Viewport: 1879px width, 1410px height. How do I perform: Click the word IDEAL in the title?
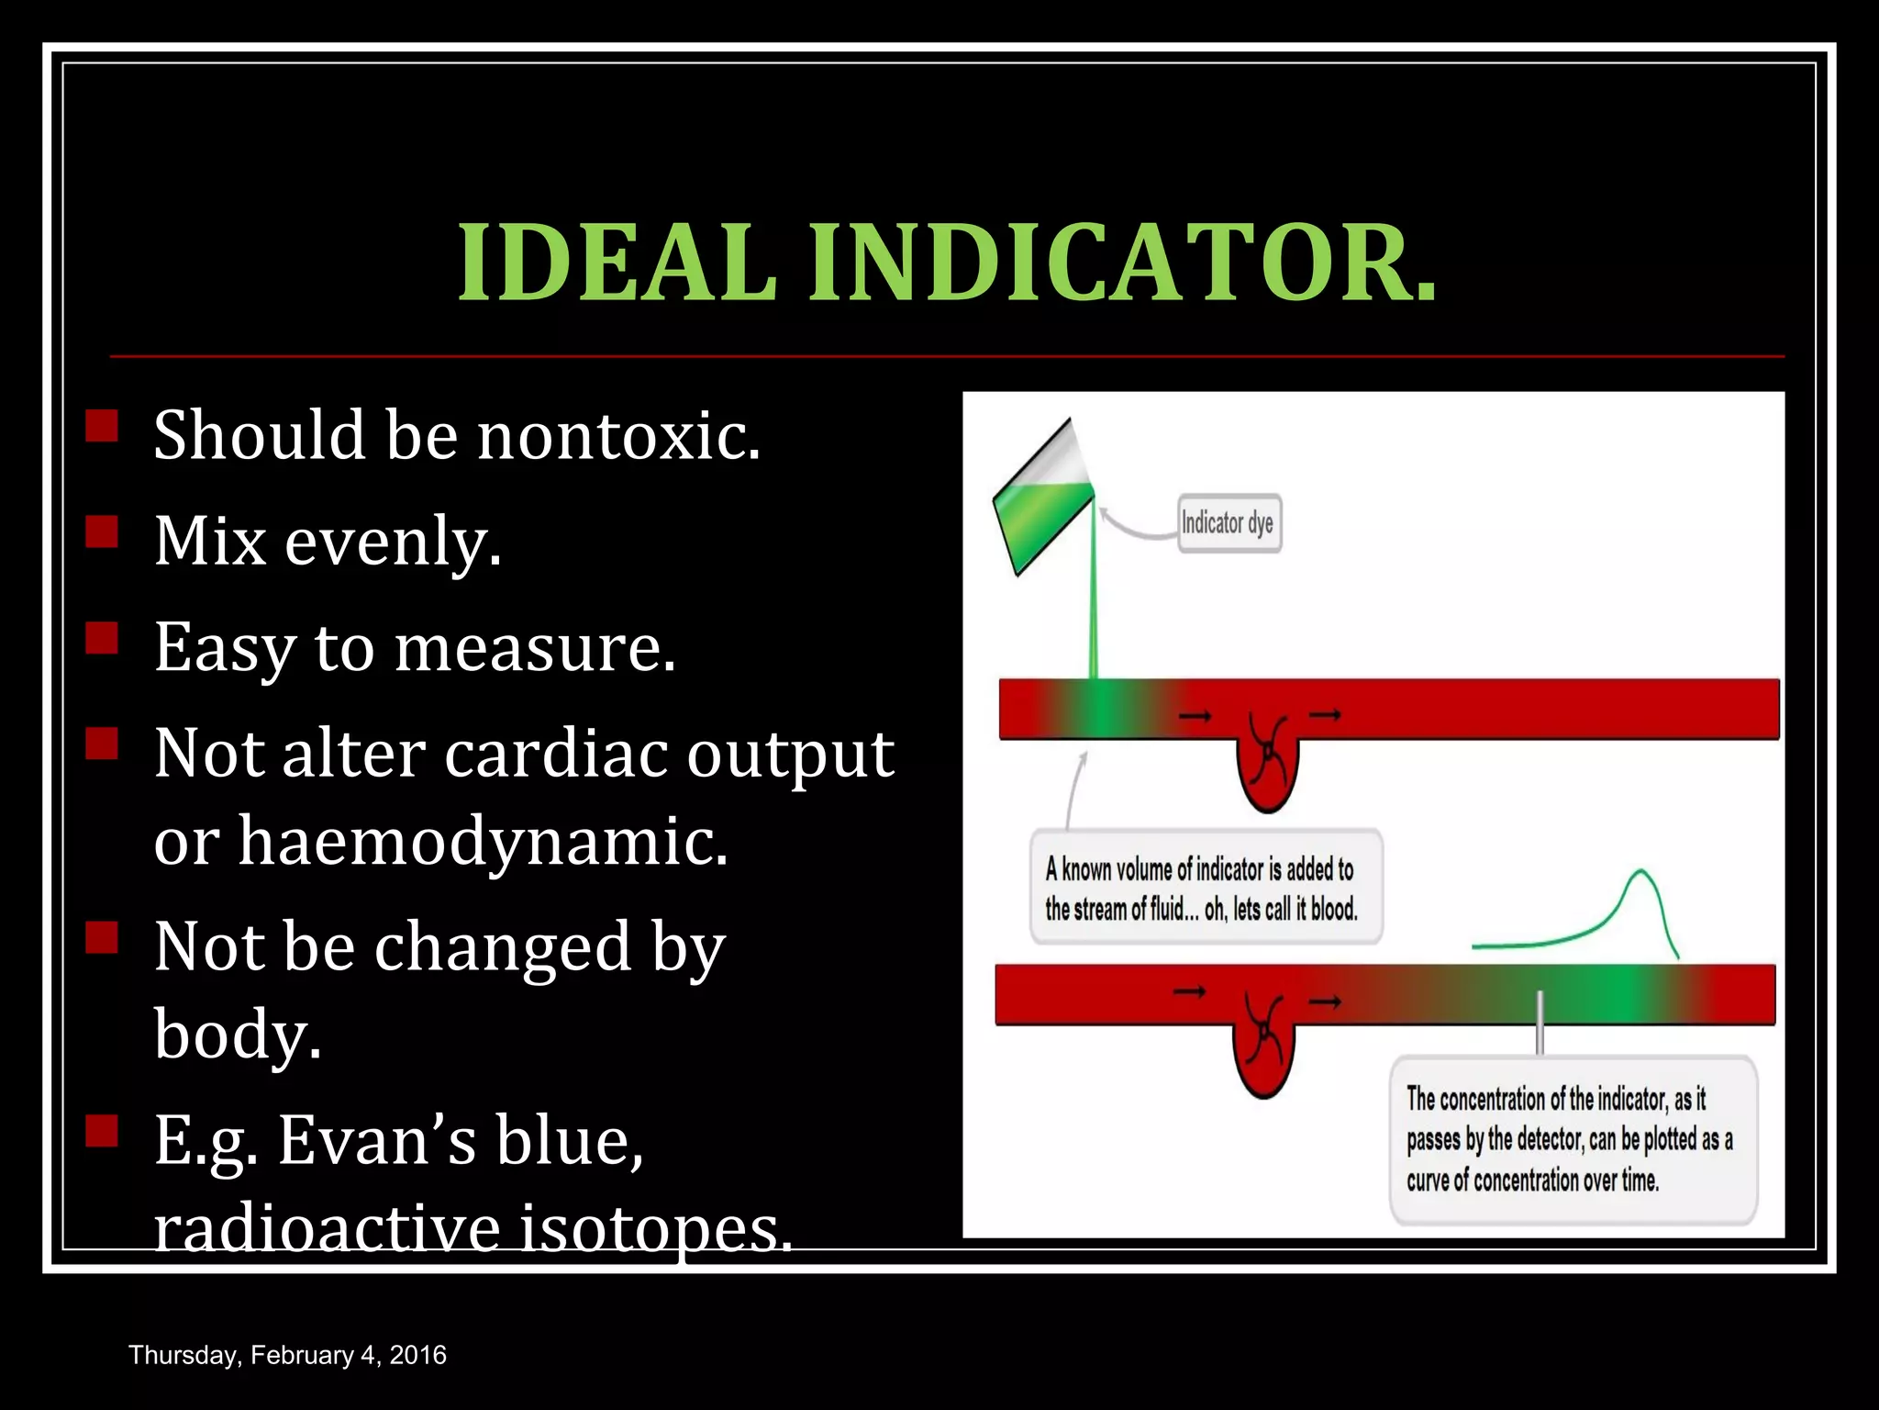(617, 263)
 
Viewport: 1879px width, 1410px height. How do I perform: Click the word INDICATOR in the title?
(1121, 263)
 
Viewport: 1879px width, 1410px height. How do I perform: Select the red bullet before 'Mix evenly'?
(102, 532)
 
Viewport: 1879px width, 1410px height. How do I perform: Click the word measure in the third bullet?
(534, 648)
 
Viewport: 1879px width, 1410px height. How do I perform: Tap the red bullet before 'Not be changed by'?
(102, 938)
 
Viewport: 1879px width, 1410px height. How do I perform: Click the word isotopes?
(654, 1227)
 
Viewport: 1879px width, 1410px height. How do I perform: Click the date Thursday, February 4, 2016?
(287, 1355)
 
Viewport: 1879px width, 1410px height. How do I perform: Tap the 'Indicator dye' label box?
(1229, 523)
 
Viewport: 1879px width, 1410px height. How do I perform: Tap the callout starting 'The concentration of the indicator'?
(1573, 1139)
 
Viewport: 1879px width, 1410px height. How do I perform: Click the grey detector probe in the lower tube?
(1540, 1023)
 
